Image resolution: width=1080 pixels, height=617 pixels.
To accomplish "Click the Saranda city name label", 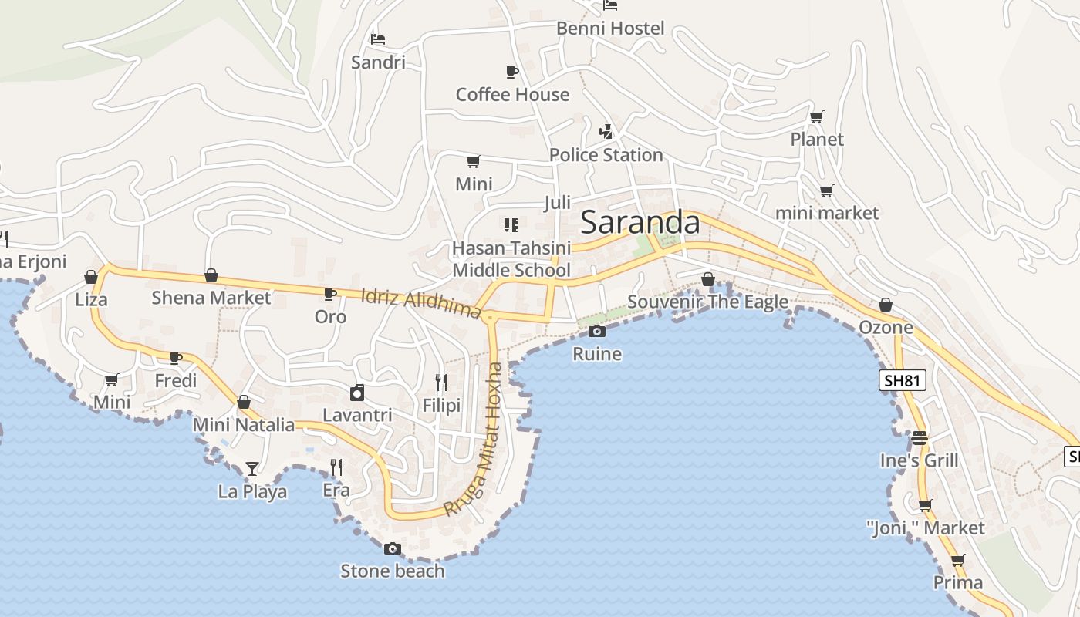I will click(x=640, y=223).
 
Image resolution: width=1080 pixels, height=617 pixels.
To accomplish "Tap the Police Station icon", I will click(x=606, y=132).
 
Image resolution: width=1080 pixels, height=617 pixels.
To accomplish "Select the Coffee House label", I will click(x=512, y=95).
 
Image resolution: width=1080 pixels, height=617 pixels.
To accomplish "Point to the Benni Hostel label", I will click(x=610, y=29).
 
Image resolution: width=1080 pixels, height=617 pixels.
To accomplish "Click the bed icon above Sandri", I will click(x=377, y=39).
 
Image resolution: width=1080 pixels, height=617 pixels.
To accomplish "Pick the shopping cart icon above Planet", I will click(x=816, y=117).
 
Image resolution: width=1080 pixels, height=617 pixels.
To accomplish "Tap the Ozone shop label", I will click(x=886, y=327).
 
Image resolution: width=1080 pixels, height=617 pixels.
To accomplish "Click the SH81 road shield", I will click(x=902, y=380).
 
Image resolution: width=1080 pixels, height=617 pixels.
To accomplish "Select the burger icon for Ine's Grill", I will click(x=919, y=438).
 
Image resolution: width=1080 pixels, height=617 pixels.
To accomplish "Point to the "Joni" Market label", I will click(x=925, y=528).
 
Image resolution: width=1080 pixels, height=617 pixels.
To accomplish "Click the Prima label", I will click(x=958, y=582).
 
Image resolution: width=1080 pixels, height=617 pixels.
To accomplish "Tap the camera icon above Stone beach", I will click(x=393, y=549).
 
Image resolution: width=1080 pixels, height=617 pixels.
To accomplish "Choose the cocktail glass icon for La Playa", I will click(x=251, y=468).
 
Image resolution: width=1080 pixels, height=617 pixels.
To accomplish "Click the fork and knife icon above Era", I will click(x=336, y=467).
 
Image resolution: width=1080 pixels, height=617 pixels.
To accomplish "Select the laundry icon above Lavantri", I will click(x=357, y=393).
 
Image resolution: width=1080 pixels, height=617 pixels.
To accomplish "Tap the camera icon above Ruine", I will click(x=596, y=332).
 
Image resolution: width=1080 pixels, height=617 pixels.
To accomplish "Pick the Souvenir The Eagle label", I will click(x=707, y=302).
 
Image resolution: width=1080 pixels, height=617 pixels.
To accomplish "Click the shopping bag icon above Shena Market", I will click(x=211, y=275).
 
